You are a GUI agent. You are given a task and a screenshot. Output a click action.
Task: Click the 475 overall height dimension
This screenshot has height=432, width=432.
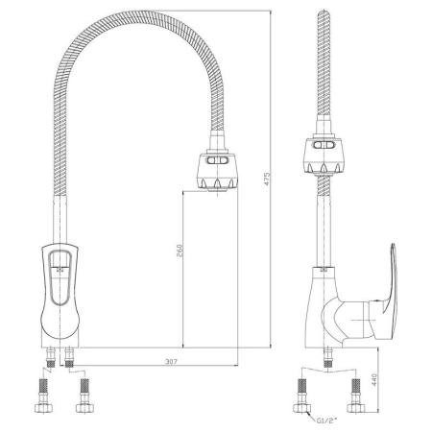[267, 180]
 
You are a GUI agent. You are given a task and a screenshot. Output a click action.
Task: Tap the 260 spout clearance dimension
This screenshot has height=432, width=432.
[180, 251]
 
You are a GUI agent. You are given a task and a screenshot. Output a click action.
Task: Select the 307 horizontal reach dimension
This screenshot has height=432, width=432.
[171, 362]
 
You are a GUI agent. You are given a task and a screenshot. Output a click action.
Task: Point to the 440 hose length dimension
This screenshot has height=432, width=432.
[374, 380]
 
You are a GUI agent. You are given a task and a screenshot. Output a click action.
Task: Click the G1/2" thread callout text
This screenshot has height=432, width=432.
[326, 420]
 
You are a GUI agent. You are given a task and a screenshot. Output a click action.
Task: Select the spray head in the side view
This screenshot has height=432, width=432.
[324, 156]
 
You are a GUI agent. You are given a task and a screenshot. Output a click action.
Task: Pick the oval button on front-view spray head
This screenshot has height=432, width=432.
[217, 160]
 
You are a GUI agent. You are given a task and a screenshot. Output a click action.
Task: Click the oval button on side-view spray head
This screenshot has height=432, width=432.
[324, 145]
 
